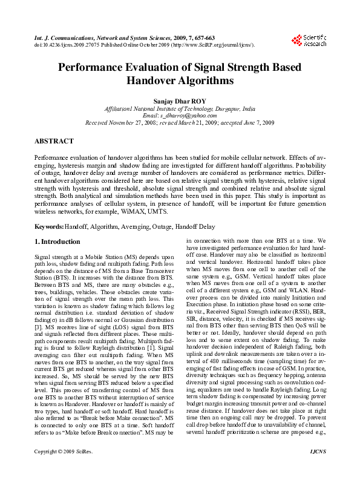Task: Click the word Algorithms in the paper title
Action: (x=180, y=80)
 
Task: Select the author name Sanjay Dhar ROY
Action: (x=180, y=101)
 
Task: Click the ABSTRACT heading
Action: (x=54, y=140)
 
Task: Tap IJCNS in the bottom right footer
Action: (x=317, y=468)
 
